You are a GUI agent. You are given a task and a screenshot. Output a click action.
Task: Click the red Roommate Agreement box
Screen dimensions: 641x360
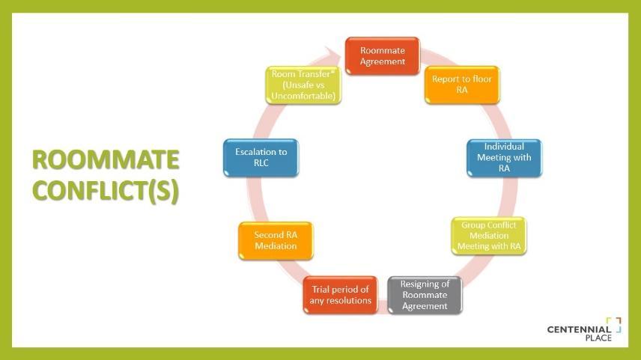tap(382, 56)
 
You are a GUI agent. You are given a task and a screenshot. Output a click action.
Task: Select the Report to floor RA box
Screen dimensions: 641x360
tap(462, 85)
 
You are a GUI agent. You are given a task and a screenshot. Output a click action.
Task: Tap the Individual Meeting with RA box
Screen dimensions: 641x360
tap(504, 158)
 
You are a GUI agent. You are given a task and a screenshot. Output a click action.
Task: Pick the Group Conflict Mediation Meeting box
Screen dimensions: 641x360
tap(489, 235)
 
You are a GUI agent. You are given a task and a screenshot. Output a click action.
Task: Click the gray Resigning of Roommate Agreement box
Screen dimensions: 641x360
tap(425, 295)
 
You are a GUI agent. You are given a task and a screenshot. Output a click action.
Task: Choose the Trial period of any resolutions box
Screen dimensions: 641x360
tap(340, 295)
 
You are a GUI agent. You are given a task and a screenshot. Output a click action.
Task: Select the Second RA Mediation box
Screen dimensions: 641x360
tap(275, 240)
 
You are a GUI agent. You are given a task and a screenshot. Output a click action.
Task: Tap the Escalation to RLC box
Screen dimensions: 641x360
tap(261, 158)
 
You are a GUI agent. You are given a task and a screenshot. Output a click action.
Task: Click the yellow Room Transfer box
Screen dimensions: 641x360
tap(303, 85)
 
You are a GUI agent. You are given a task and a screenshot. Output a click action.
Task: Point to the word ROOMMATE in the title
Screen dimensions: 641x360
tap(106, 160)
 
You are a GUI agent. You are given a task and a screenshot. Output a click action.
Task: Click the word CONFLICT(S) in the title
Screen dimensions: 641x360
tap(106, 191)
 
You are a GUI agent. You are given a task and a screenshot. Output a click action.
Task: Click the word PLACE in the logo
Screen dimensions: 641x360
tap(598, 338)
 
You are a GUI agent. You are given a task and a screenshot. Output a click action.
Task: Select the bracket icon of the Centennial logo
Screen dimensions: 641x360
tap(614, 324)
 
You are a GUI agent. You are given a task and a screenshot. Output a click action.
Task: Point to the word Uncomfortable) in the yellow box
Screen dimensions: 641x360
tap(303, 96)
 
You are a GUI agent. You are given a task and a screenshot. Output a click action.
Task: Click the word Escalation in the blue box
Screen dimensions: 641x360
tap(252, 152)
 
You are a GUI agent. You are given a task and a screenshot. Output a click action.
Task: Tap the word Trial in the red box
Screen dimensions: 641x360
tap(321, 290)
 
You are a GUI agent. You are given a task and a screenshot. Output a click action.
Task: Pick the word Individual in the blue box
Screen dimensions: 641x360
tap(504, 147)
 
